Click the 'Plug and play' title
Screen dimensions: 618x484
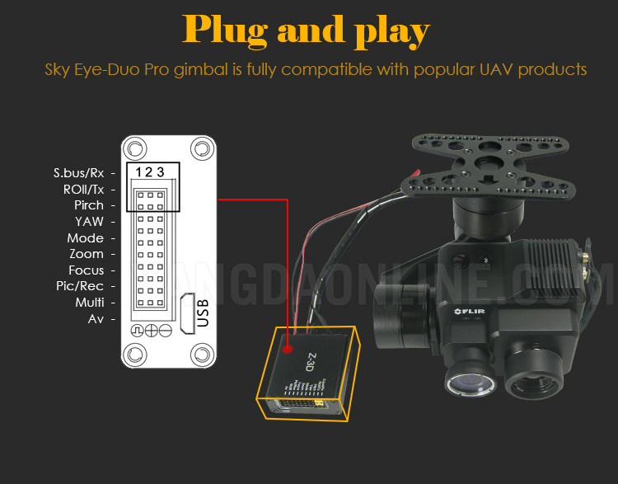307,31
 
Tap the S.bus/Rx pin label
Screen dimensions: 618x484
79,173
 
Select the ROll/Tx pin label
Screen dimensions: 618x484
84,189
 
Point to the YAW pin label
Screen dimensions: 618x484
89,221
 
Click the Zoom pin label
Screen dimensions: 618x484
87,254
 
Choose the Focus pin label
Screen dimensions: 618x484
87,270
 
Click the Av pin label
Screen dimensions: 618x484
96,318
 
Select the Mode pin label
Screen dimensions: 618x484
86,237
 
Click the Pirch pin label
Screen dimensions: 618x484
89,205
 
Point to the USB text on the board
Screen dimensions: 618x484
204,314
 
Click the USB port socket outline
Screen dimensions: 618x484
185,312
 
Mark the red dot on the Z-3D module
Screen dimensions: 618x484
287,349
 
